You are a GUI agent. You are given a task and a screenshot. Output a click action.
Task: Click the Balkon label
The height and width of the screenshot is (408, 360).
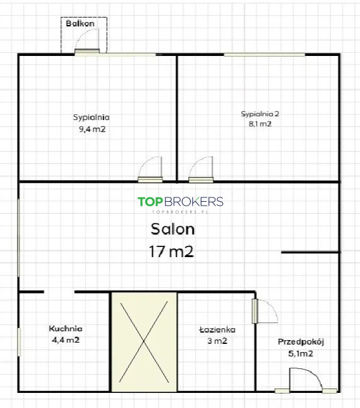80,23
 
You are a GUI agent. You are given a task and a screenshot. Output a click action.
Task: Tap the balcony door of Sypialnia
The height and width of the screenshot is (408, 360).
87,41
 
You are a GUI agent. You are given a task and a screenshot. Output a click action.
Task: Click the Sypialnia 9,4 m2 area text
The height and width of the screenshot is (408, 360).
93,129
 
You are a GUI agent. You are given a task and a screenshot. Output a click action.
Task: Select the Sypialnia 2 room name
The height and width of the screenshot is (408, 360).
260,114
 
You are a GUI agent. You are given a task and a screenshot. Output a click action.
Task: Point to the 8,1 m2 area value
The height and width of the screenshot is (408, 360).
260,124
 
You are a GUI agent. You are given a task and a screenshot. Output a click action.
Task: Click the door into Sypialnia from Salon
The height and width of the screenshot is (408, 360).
150,169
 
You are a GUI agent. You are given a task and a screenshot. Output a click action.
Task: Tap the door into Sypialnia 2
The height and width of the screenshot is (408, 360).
201,169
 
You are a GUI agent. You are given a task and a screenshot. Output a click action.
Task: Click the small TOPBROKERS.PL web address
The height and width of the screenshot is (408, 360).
180,212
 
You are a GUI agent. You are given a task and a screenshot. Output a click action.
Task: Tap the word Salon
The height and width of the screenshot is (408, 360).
172,229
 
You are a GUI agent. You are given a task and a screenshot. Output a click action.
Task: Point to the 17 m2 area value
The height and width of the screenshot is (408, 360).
171,251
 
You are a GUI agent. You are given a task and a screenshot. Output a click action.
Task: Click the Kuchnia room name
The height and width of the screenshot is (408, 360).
65,329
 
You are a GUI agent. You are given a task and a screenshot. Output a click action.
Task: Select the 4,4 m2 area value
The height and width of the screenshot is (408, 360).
65,340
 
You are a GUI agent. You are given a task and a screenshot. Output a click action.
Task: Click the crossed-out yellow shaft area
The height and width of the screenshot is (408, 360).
144,341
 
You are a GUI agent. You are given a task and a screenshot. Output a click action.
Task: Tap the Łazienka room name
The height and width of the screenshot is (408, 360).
217,329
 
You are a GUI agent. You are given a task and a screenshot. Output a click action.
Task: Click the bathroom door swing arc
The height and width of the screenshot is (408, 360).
271,306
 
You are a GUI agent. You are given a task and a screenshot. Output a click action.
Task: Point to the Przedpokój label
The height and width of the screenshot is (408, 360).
301,341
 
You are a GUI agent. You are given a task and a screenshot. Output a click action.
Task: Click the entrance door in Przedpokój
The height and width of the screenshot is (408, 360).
305,380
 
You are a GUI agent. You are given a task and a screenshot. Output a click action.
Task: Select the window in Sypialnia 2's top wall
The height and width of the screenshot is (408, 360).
264,55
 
